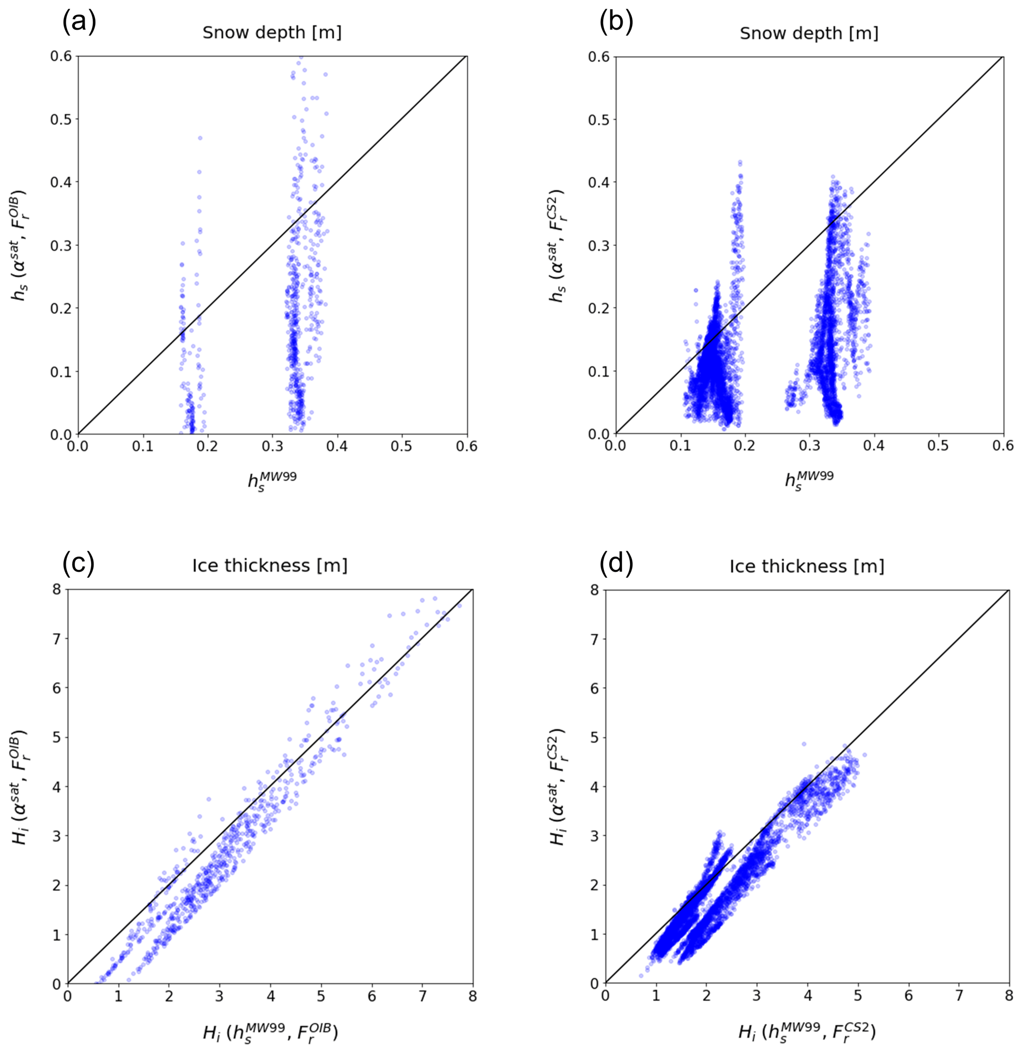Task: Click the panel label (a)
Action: pyautogui.click(x=79, y=23)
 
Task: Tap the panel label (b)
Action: pyautogui.click(x=616, y=23)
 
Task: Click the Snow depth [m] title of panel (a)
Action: pyautogui.click(x=272, y=33)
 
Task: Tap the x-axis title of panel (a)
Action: pyautogui.click(x=272, y=479)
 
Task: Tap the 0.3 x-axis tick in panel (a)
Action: pyautogui.click(x=272, y=447)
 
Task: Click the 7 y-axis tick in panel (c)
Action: pyautogui.click(x=56, y=639)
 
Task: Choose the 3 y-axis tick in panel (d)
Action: pyautogui.click(x=594, y=836)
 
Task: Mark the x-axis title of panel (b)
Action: pyautogui.click(x=809, y=479)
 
